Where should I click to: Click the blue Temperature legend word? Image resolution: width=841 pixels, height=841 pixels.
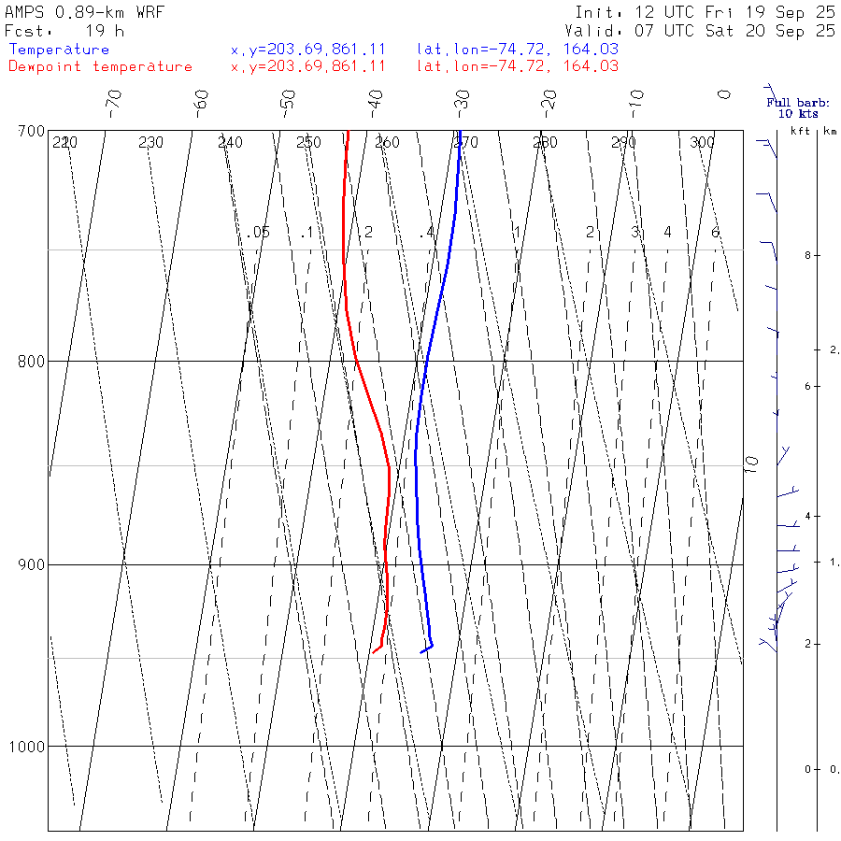(59, 50)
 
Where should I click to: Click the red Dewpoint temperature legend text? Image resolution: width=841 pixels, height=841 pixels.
(100, 66)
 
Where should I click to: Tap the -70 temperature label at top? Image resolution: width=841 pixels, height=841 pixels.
(113, 99)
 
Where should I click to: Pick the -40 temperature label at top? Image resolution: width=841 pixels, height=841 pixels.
(375, 99)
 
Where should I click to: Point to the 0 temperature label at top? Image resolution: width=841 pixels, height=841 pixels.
(723, 94)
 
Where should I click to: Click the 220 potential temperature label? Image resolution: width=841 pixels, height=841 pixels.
(64, 143)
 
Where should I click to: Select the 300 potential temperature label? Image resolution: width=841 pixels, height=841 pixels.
(702, 143)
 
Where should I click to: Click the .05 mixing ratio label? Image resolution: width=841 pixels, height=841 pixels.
(259, 232)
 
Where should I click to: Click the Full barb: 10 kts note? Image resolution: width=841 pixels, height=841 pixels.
(791, 108)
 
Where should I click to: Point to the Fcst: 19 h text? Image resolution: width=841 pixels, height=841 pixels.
(64, 30)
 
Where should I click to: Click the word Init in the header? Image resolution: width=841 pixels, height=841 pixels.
(599, 12)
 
